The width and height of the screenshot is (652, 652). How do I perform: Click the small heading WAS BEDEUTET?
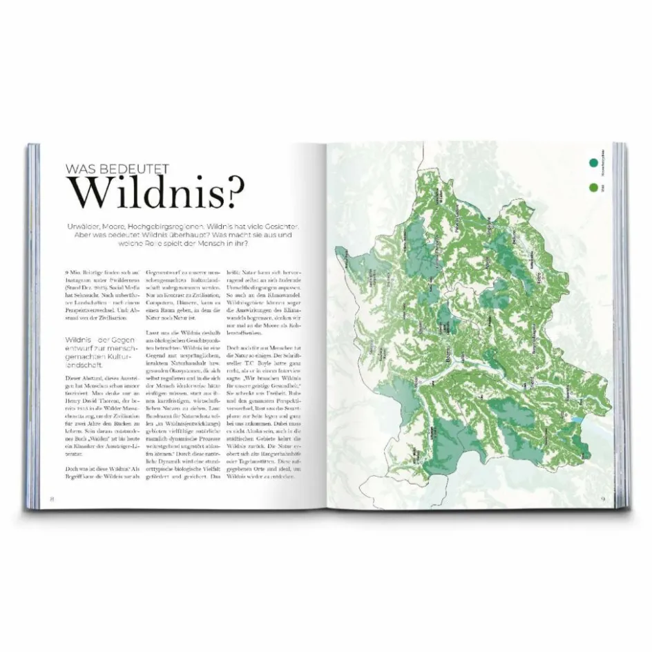pyautogui.click(x=117, y=168)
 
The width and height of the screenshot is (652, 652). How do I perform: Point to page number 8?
pyautogui.click(x=50, y=498)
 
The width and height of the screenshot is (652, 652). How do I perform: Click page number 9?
pyautogui.click(x=602, y=498)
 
